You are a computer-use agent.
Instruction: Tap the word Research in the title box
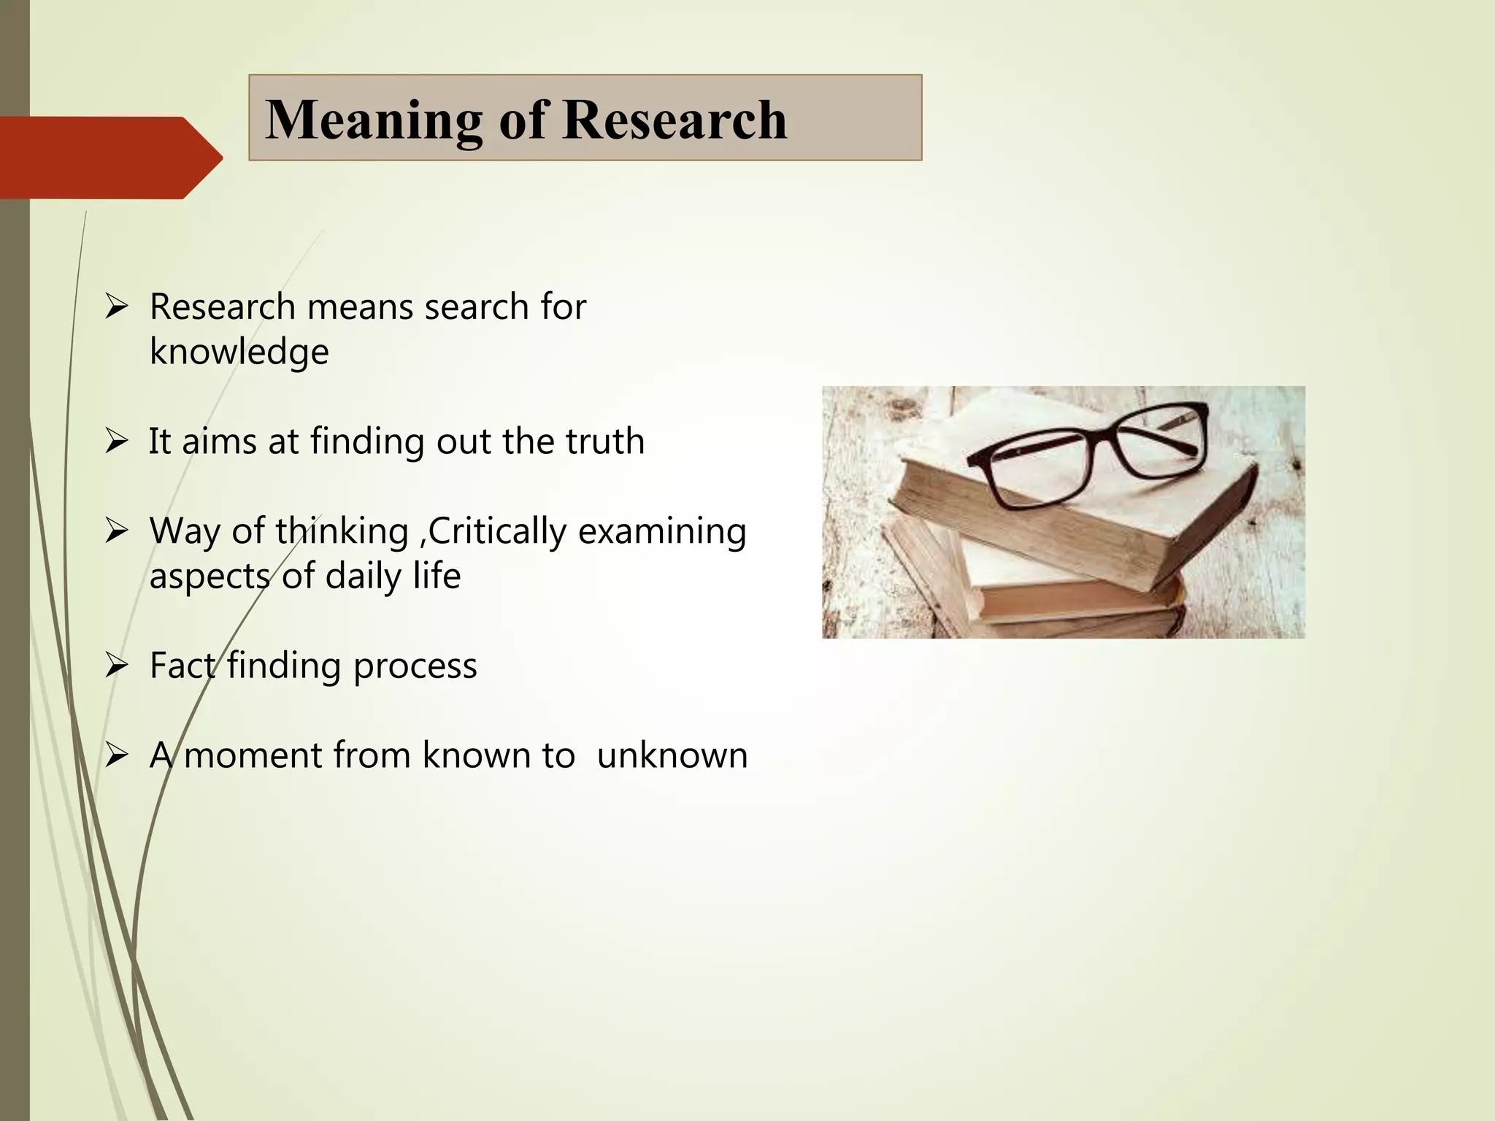tap(675, 120)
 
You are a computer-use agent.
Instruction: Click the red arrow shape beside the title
tap(109, 157)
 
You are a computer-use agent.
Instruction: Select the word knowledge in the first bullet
tap(239, 352)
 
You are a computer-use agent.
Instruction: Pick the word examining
tap(662, 531)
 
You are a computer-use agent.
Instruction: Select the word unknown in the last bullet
tap(672, 755)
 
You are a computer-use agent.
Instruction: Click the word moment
tap(252, 755)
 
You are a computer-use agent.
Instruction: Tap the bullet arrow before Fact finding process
tap(116, 666)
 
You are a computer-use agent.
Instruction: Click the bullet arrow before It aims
tap(116, 442)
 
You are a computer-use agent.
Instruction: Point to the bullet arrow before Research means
tap(116, 307)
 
